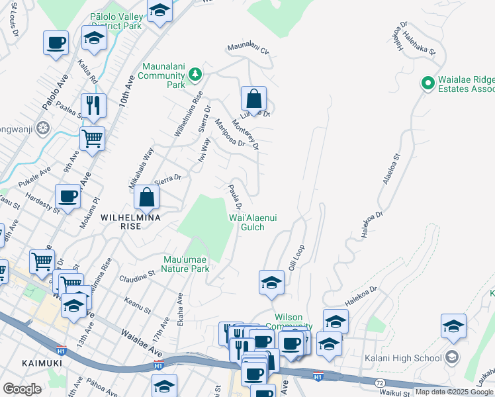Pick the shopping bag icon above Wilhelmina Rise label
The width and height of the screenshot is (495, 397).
tap(146, 197)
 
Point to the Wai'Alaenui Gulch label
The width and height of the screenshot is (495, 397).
tap(247, 222)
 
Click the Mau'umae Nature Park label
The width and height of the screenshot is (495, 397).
tap(187, 264)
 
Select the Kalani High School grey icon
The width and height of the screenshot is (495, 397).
tap(452, 358)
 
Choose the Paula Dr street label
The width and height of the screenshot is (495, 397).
tap(234, 197)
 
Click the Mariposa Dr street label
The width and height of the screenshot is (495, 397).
tap(231, 132)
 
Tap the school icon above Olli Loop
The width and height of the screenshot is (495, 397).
tap(271, 283)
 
